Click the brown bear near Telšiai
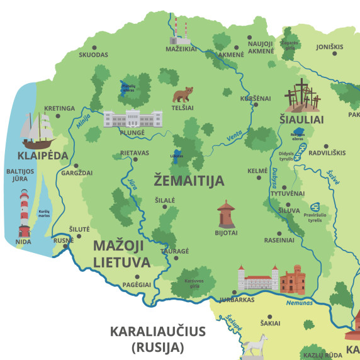(x=183, y=96)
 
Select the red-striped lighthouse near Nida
(x=25, y=208)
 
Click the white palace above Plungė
(x=133, y=118)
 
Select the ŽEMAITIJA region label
(x=189, y=181)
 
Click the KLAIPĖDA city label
(x=31, y=154)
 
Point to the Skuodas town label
(x=94, y=55)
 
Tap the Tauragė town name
(x=174, y=250)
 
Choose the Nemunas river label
(x=298, y=303)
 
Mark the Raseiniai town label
(x=279, y=240)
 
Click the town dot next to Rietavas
(x=135, y=159)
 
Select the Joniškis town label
(x=330, y=47)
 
